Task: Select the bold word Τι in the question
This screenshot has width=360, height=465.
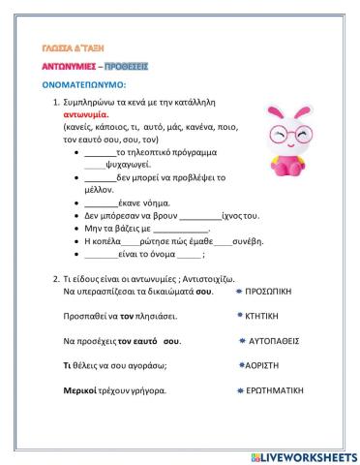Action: click(x=68, y=366)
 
